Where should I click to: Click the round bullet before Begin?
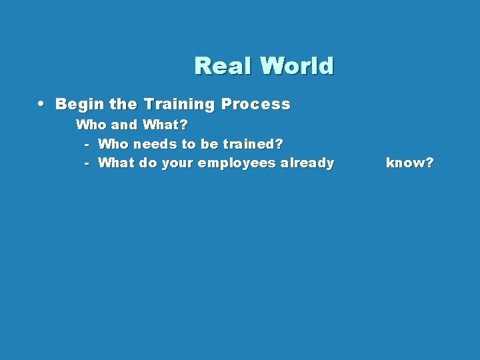coord(41,104)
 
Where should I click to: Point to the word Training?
coord(178,104)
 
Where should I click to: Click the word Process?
coord(256,104)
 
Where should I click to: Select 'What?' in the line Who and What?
coord(165,125)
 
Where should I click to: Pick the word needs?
coord(155,144)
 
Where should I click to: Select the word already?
coord(307,163)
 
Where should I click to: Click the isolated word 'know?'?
coord(409,163)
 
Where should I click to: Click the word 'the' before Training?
coord(122,104)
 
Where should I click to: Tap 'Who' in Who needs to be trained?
coord(114,144)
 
